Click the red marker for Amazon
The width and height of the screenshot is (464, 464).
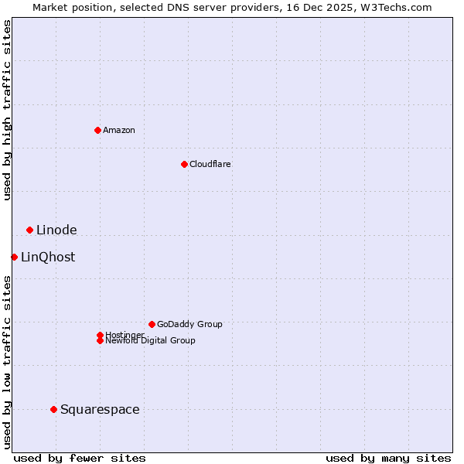coord(97,130)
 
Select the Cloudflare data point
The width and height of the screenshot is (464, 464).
coord(184,164)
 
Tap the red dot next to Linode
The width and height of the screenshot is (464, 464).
coord(29,230)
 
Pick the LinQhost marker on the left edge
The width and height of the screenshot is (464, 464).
coord(14,257)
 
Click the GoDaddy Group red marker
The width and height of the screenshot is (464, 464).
coord(152,324)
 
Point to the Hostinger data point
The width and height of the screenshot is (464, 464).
coord(100,335)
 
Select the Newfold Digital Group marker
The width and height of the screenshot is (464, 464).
coord(100,340)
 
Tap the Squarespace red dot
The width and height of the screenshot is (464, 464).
coord(53,409)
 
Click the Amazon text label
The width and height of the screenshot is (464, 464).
coord(119,130)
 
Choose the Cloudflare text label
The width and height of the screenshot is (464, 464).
coord(210,164)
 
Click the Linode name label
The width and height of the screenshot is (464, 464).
coord(56,230)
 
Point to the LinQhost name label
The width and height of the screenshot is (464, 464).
coord(48,257)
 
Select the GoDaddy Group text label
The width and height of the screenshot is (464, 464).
coord(189,324)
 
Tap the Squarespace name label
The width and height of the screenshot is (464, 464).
coord(100,409)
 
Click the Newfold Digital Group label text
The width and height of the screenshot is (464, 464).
coord(151,341)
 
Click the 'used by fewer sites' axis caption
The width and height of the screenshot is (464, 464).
coord(80,458)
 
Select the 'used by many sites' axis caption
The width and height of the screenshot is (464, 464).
coord(388,458)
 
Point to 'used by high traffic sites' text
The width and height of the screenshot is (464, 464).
coord(7,110)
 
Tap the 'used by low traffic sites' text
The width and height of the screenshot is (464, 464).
coord(7,361)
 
